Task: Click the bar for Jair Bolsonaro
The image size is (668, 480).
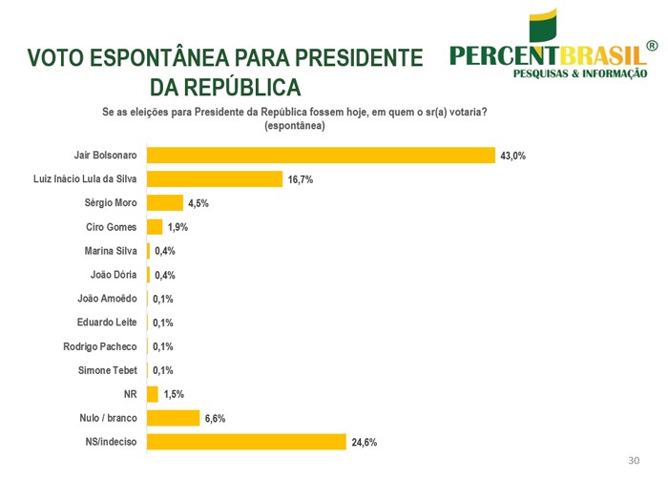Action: tap(321, 155)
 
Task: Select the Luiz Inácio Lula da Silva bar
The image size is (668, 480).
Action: tap(215, 178)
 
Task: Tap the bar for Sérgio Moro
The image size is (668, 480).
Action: tap(164, 202)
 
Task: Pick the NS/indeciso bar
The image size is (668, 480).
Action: tap(246, 441)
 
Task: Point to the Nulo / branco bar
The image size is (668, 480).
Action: tap(173, 417)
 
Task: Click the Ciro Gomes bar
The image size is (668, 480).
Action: tap(155, 226)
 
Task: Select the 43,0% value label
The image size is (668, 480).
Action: tap(512, 156)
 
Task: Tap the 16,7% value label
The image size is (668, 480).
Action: tap(301, 179)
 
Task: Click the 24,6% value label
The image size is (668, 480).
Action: tap(364, 442)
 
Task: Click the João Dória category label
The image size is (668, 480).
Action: tap(115, 274)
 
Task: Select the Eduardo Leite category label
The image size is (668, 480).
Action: tap(107, 322)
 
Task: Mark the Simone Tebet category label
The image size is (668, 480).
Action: tap(109, 369)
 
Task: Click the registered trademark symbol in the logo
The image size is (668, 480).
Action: tap(652, 46)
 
